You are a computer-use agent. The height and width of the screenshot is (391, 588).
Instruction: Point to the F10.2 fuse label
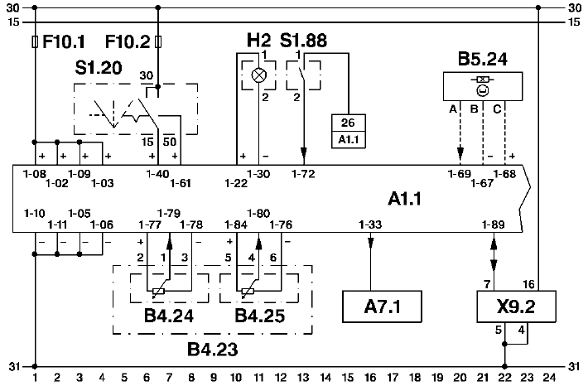(128, 41)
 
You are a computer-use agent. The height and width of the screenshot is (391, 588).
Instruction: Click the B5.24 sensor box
(484, 85)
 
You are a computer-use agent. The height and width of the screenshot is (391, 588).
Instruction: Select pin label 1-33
(370, 224)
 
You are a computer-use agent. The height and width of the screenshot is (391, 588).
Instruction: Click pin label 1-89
(494, 224)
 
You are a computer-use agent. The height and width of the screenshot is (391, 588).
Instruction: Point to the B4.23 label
(212, 350)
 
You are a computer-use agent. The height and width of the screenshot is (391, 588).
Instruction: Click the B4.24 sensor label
(168, 316)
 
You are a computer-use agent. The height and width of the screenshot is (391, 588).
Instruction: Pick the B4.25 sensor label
(258, 316)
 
